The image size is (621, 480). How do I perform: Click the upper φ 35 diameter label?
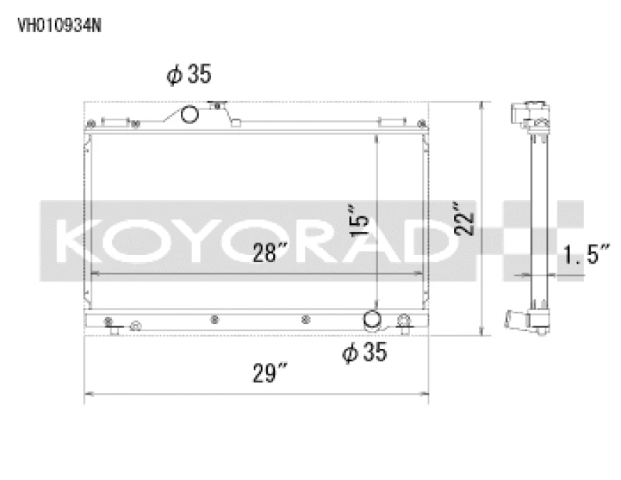(187, 74)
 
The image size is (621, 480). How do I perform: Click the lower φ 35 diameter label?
(363, 352)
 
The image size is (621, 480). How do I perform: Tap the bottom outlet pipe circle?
(373, 320)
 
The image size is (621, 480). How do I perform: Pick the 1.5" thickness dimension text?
(587, 254)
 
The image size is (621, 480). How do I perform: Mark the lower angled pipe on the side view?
(515, 320)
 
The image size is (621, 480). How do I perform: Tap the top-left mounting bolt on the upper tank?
(92, 122)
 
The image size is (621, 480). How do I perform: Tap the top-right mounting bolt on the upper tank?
(418, 122)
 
